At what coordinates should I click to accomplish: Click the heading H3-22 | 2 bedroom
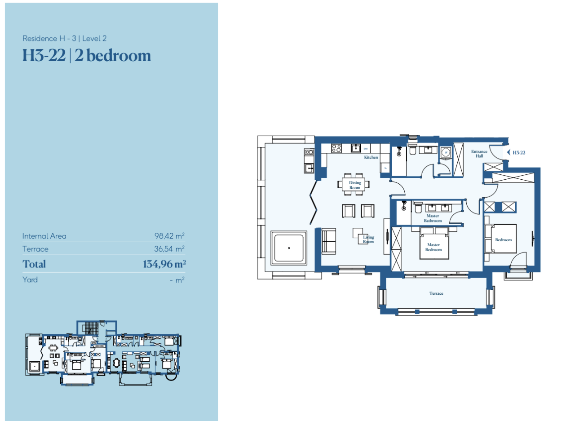[x=87, y=56]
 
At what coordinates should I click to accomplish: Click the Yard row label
[x=30, y=279]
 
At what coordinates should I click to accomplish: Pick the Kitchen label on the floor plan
[x=371, y=157]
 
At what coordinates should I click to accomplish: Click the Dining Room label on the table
[x=355, y=185]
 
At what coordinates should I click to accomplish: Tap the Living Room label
[x=368, y=239]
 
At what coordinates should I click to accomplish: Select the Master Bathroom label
[x=433, y=218]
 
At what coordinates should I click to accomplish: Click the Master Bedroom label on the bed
[x=433, y=247]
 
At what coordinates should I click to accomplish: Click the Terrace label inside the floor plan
[x=436, y=293]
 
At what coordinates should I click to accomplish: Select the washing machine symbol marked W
[x=446, y=153]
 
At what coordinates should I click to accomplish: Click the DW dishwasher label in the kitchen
[x=366, y=148]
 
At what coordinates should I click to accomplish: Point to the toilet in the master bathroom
[x=418, y=208]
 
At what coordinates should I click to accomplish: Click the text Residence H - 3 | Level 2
[x=64, y=39]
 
